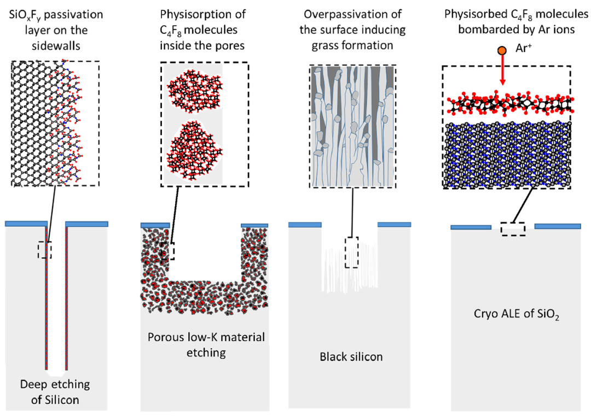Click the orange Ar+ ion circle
tap(501, 51)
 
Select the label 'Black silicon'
tap(351, 357)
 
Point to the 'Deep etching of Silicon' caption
tap(55, 392)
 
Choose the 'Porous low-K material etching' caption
tap(206, 345)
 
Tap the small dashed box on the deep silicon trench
tap(45, 250)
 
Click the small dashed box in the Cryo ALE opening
tap(513, 228)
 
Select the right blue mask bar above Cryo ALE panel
tap(557, 226)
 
